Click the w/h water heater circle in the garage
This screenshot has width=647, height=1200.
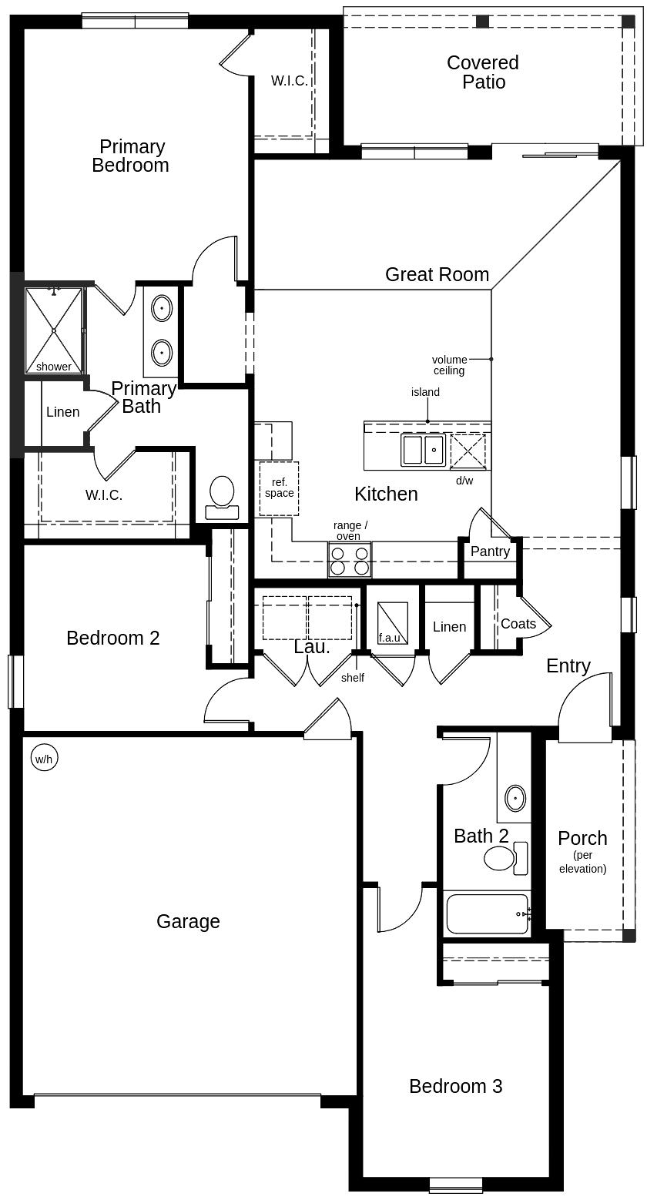43,759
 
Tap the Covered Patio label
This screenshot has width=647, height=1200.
483,72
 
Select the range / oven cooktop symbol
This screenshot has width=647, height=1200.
350,560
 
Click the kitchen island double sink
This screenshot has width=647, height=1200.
423,450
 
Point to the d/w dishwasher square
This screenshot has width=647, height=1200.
468,451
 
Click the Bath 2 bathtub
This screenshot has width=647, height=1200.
488,913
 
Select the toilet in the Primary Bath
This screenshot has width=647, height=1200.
222,497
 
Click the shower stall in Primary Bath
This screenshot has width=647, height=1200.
54,330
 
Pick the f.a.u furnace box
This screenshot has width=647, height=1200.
393,622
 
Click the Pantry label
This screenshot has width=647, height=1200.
490,551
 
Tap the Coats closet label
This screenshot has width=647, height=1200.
518,624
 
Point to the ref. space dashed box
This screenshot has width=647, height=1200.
279,488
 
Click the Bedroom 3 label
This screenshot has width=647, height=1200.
455,1086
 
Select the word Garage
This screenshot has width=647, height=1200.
188,921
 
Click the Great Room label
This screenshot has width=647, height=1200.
437,274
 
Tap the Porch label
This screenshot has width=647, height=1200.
582,838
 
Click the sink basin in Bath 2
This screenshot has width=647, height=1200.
515,798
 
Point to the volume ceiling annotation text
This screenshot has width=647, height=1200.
449,365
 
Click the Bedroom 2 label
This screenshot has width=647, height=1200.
112,638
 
